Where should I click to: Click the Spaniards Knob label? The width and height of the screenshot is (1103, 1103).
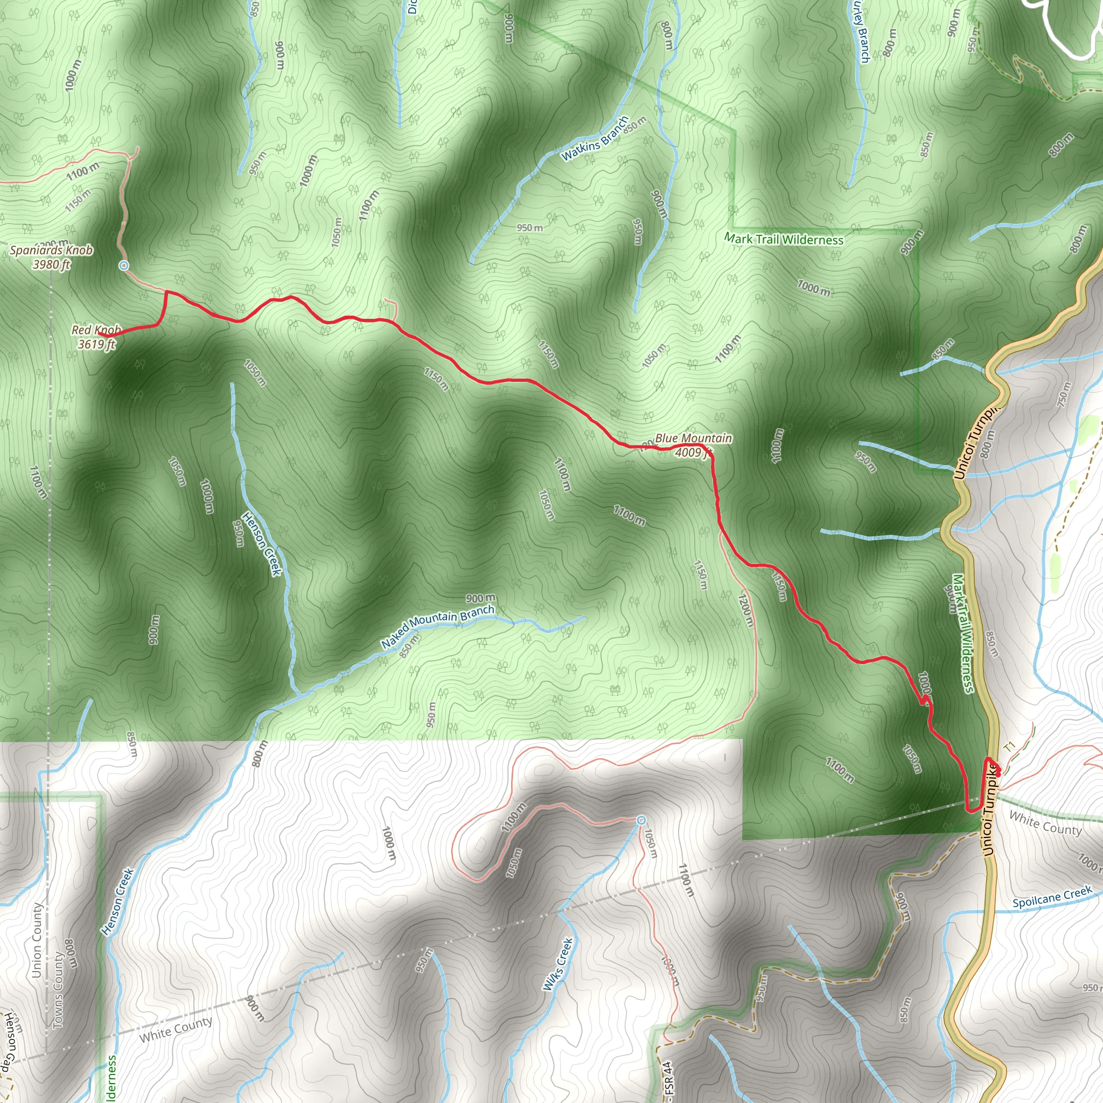(x=51, y=250)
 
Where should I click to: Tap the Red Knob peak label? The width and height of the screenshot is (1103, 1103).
(x=96, y=330)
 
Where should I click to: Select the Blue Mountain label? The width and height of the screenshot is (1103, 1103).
(x=693, y=438)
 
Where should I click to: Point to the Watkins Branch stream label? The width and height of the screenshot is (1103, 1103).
(x=595, y=139)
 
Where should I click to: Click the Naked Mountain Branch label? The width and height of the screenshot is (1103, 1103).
(x=437, y=626)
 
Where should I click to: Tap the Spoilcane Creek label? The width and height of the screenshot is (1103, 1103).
(x=1052, y=897)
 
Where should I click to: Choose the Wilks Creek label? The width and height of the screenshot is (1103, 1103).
(x=557, y=964)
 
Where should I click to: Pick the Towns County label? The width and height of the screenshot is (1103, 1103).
(x=58, y=990)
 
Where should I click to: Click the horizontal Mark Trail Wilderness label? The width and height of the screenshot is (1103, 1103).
(x=783, y=239)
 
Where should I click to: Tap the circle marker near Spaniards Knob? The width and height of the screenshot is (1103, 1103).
(x=123, y=266)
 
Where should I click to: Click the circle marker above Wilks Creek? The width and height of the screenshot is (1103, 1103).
(x=640, y=820)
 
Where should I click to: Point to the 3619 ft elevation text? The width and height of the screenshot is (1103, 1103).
(x=96, y=344)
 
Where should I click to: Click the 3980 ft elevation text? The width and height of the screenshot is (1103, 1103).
(x=51, y=264)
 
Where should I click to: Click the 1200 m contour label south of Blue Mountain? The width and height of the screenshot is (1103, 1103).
(x=744, y=610)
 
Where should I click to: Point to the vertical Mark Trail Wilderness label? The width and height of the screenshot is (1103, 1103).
(x=961, y=633)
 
